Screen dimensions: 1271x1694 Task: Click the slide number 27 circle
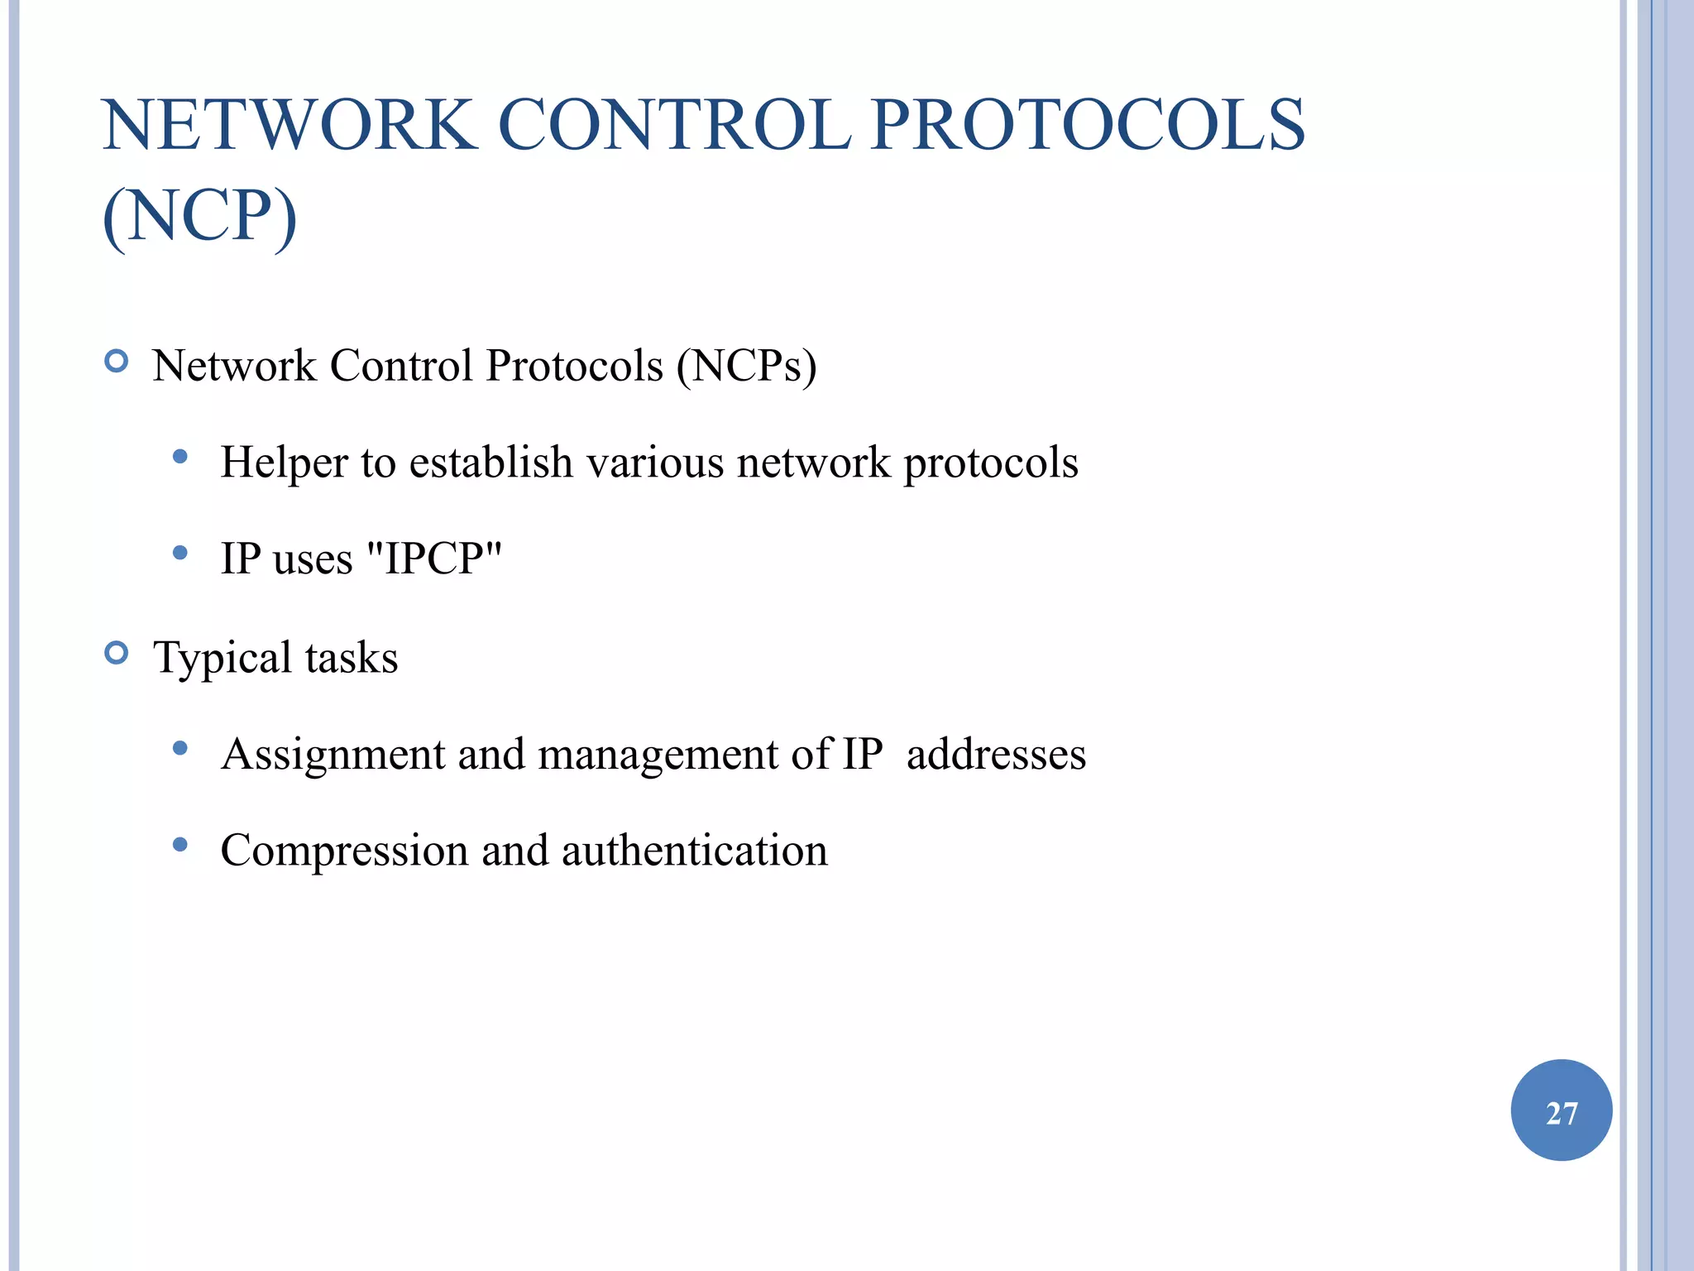(1561, 1110)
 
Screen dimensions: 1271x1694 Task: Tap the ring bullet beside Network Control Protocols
(117, 362)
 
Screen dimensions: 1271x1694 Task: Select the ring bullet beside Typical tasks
(117, 654)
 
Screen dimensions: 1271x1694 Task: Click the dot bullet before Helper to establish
(180, 457)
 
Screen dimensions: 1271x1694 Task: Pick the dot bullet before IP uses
(180, 553)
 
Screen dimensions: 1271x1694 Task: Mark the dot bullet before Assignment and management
(180, 749)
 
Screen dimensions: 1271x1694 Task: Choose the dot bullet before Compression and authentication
(180, 845)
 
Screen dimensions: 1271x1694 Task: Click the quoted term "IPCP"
(433, 558)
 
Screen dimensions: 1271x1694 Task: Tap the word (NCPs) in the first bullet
(746, 366)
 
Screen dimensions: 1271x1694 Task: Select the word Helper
(284, 463)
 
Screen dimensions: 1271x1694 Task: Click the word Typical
(223, 659)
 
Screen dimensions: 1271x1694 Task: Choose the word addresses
(996, 755)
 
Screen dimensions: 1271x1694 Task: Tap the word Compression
(344, 851)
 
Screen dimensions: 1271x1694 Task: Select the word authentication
(694, 851)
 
